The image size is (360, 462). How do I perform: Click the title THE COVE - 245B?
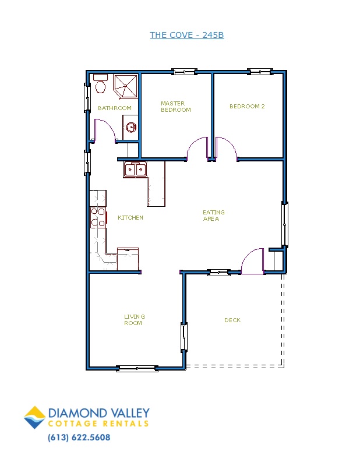187,35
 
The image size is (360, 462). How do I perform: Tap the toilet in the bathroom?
100,84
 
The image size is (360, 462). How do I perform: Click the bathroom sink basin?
131,127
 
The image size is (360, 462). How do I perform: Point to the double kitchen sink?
135,170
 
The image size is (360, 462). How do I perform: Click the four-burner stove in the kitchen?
98,217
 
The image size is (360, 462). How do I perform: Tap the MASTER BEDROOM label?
175,107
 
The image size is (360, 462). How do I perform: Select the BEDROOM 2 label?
247,107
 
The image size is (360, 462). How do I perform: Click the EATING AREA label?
213,216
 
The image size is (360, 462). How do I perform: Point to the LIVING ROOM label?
135,320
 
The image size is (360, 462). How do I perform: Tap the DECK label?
232,320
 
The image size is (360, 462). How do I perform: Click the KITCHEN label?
130,217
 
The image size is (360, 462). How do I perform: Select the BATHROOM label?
115,108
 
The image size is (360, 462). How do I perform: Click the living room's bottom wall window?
137,368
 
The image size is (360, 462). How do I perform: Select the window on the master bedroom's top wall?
184,72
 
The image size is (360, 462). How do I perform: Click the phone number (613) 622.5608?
79,438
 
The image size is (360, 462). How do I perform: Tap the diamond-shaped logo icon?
35,417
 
